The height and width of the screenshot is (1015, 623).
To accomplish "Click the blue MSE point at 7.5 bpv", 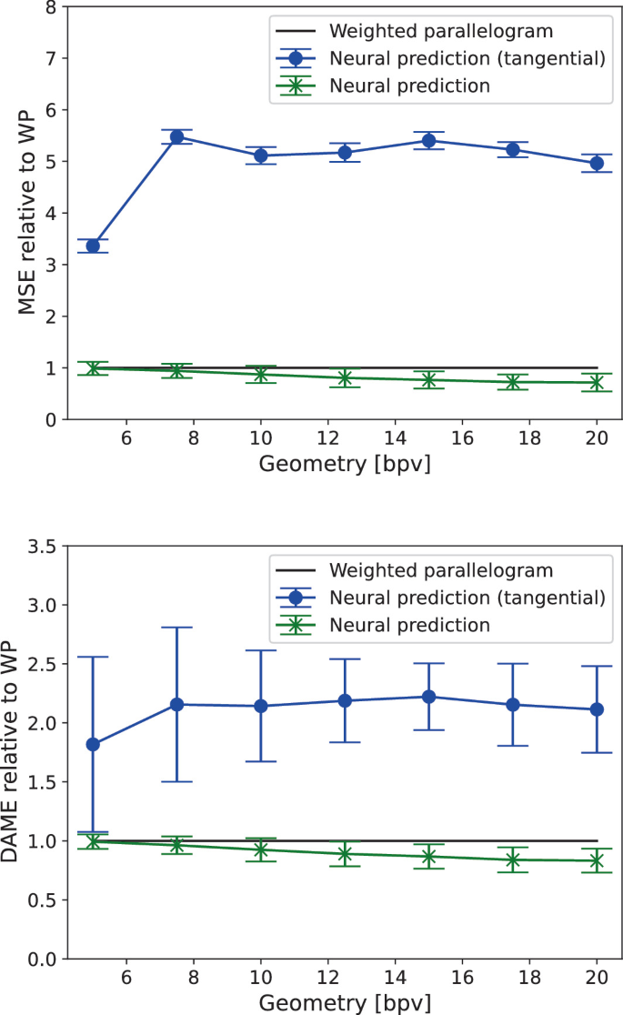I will pos(177,137).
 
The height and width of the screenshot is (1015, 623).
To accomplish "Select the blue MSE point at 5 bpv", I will pos(93,246).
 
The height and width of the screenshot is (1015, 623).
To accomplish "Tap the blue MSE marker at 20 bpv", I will pos(597,163).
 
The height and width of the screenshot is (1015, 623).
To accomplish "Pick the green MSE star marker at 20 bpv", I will pos(597,383).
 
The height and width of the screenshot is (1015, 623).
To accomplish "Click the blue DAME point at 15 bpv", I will pos(428,697).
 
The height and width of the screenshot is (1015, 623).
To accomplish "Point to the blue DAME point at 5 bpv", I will pos(93,744).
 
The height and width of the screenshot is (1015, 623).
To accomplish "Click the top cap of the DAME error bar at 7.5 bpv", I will pos(177,628).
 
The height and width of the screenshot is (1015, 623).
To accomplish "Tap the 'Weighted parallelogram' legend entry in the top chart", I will pos(441,32).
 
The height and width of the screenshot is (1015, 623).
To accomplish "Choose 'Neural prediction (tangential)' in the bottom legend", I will pos(467,598).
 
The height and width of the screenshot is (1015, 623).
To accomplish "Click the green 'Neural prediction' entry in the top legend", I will pos(410,86).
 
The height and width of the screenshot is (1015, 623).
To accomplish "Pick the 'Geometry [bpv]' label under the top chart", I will pos(345,464).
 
